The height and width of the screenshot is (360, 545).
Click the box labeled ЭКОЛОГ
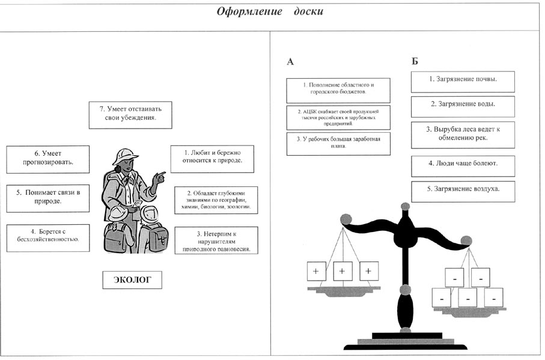tap(132, 279)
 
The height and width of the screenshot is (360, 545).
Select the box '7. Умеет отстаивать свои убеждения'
tap(130, 114)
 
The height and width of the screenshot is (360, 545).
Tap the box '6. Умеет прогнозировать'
tap(47, 159)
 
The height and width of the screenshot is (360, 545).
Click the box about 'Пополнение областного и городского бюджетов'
tap(338, 90)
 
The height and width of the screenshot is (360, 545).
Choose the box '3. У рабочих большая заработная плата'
tap(338, 143)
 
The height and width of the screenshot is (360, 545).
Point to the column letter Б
tap(415, 61)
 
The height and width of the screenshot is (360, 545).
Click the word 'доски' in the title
tap(305, 12)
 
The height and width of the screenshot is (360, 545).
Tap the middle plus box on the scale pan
tap(342, 272)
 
